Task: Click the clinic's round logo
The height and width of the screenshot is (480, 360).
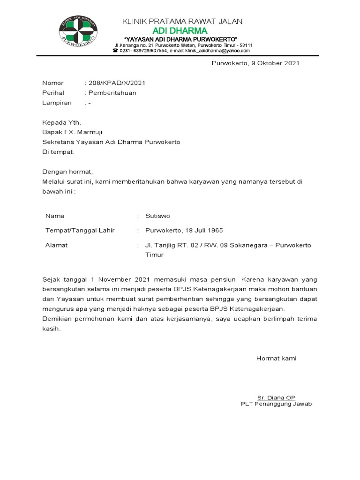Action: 78,32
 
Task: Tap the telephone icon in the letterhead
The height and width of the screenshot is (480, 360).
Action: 115,51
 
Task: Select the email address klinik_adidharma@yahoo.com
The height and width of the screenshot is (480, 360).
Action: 217,51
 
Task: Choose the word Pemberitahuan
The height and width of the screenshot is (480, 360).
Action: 112,93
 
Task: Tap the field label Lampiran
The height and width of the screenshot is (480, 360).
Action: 57,103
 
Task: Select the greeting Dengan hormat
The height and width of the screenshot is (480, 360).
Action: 67,172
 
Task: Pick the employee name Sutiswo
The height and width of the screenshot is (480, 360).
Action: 157,216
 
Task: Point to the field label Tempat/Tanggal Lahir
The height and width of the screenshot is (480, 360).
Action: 80,231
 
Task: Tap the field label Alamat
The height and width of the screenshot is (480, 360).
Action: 56,245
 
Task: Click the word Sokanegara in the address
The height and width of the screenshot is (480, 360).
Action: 249,245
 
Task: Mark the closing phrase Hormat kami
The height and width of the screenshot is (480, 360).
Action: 276,359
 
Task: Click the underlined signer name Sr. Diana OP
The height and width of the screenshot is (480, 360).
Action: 276,397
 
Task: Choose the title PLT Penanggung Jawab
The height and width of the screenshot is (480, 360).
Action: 276,404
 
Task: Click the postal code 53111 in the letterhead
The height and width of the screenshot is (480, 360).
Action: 246,45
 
